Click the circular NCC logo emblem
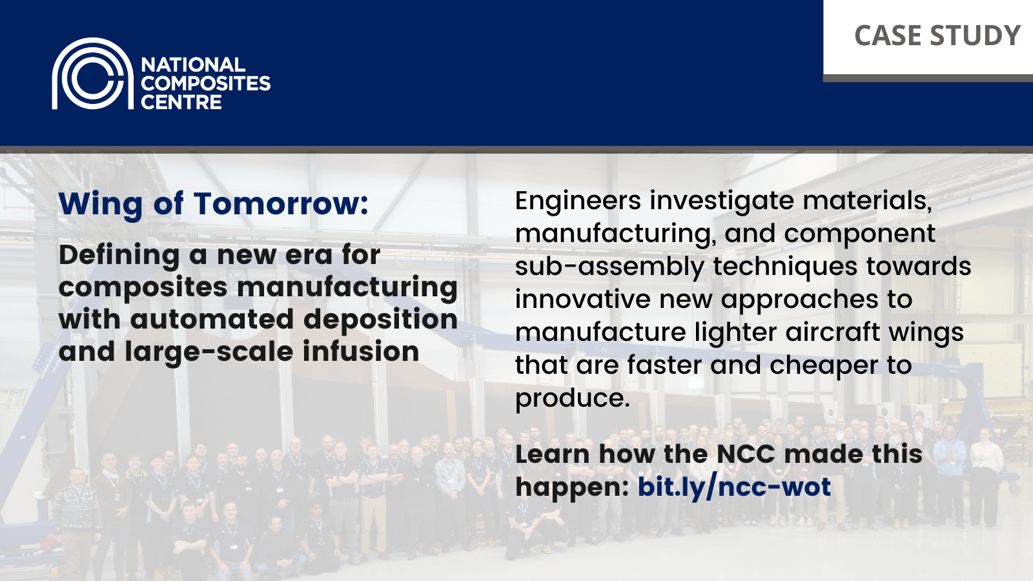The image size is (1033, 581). click(92, 74)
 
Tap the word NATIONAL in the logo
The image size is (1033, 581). click(193, 65)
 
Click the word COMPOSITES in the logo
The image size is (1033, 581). click(205, 83)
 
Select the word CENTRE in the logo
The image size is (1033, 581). click(181, 102)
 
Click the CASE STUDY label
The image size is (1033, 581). click(937, 36)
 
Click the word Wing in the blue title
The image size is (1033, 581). click(100, 205)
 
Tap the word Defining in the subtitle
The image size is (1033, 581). click(119, 256)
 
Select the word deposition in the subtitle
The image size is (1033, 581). click(380, 320)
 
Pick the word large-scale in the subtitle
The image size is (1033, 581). click(209, 352)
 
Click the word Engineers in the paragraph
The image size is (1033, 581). click(578, 201)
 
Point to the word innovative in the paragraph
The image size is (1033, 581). click(582, 299)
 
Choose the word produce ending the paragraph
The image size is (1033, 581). click(571, 399)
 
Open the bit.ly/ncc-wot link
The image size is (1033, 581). click(734, 487)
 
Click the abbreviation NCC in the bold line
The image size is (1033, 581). click(741, 454)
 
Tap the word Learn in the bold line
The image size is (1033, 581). click(552, 454)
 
